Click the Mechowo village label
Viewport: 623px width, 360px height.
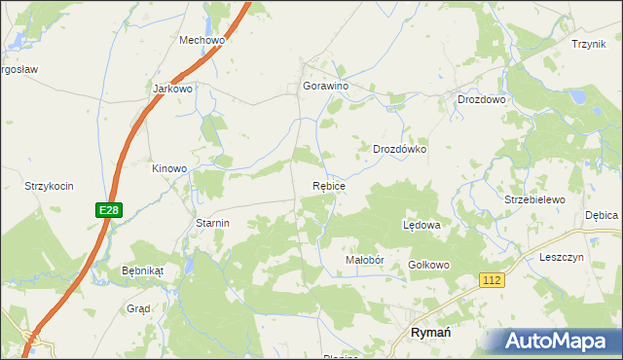click(x=202, y=41)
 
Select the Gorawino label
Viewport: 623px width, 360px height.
click(x=326, y=86)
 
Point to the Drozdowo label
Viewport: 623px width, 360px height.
click(x=482, y=99)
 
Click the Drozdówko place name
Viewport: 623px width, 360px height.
click(x=400, y=150)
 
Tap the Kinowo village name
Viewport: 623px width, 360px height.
click(x=168, y=168)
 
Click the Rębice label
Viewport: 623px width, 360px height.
click(x=329, y=184)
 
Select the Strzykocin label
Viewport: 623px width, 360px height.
click(x=50, y=185)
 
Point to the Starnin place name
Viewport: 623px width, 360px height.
click(x=212, y=223)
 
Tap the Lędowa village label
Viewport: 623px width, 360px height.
click(x=422, y=225)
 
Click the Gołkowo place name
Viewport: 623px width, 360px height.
click(x=428, y=265)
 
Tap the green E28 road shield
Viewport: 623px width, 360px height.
click(x=108, y=210)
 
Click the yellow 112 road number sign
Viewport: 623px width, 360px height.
click(x=493, y=280)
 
